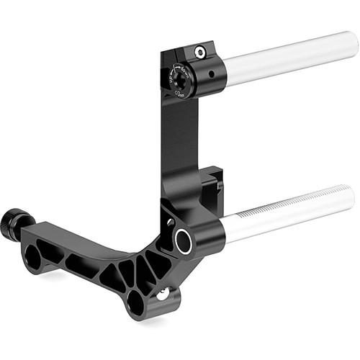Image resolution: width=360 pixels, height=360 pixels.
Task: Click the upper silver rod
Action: point(288,58)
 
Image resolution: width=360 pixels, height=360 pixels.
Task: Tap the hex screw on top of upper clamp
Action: point(199,52)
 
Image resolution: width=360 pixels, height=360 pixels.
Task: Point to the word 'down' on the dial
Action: point(185,70)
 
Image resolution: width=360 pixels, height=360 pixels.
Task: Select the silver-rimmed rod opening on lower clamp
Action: point(183,240)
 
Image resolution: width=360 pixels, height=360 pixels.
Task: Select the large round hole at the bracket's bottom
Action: point(136,302)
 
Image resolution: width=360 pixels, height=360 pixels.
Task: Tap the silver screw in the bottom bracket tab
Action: point(163,293)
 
